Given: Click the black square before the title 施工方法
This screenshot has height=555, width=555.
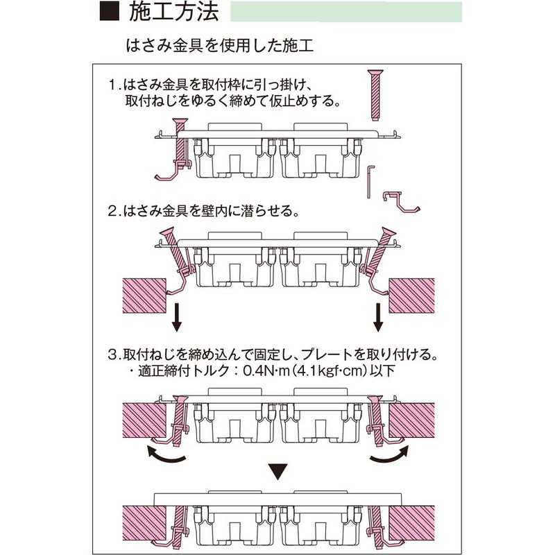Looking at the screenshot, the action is [110, 11].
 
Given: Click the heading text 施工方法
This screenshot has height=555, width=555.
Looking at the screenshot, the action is [174, 12].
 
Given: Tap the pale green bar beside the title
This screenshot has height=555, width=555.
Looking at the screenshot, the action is [345, 12].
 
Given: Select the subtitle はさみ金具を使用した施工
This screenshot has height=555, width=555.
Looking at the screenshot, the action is [220, 46].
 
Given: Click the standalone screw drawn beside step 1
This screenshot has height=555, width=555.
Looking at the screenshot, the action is [375, 95].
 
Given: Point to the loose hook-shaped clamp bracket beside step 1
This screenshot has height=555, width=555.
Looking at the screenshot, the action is [401, 202].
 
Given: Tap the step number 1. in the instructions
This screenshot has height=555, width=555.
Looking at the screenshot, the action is [114, 85].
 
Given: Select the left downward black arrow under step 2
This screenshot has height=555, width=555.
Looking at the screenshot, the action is [177, 317].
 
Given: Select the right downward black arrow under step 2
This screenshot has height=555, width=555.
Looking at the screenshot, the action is [378, 317].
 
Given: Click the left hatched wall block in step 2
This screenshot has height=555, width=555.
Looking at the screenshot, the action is [144, 296].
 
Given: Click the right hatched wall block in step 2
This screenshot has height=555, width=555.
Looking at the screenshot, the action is [411, 296].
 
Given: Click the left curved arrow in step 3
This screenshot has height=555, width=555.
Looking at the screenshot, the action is [165, 456].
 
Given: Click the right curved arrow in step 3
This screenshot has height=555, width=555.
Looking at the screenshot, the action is [389, 456].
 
